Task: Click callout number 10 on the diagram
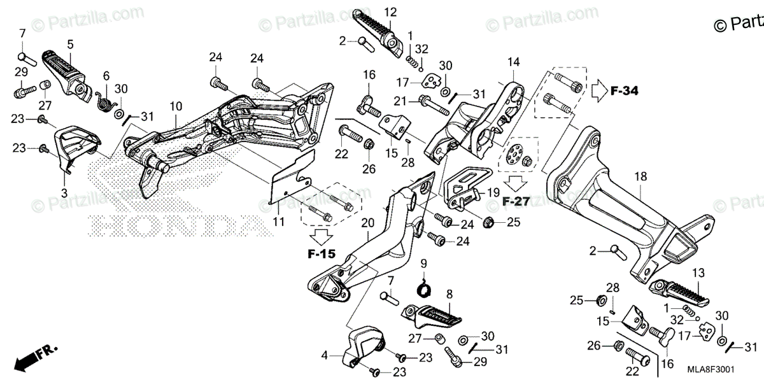point(176,105)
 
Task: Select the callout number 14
point(513,62)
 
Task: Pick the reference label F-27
point(516,201)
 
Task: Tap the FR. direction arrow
point(32,359)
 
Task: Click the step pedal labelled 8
point(433,315)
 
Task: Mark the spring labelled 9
point(425,288)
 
